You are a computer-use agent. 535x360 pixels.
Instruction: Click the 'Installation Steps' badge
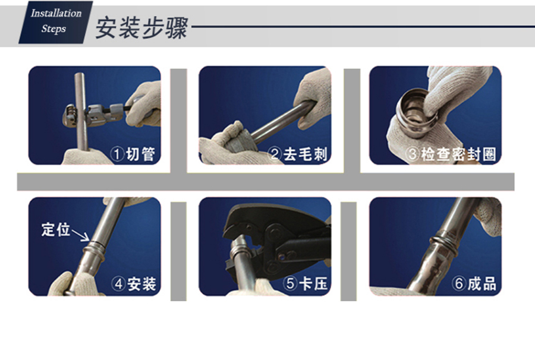(56, 22)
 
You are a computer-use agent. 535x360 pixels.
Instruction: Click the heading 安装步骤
(141, 28)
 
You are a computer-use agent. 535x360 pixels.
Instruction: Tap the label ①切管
(133, 154)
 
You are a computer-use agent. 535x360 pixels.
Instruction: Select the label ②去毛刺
(298, 154)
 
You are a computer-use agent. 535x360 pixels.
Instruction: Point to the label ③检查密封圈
(451, 154)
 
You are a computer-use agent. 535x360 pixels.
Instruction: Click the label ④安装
(134, 283)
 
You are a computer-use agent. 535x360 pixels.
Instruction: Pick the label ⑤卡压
(306, 283)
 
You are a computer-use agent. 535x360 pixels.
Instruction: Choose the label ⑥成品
(474, 283)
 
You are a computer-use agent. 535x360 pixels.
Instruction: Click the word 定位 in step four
(56, 229)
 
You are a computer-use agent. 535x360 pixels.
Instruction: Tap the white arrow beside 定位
(80, 236)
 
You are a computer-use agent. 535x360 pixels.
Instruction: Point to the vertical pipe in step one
(80, 112)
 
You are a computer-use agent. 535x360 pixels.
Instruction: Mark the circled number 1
(117, 154)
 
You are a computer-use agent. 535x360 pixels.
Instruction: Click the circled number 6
(458, 283)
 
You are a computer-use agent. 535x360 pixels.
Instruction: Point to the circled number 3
(413, 154)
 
